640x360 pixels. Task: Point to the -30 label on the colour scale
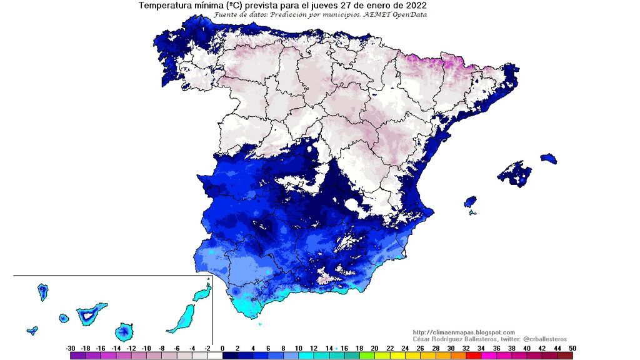click(71, 348)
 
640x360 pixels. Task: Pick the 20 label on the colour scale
click(374, 348)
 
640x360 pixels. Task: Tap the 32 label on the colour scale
click(465, 348)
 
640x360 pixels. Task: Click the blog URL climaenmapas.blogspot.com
click(464, 332)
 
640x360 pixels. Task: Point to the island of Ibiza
click(470, 202)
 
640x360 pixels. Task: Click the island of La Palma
click(43, 291)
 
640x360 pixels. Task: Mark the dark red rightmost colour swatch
click(565, 356)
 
